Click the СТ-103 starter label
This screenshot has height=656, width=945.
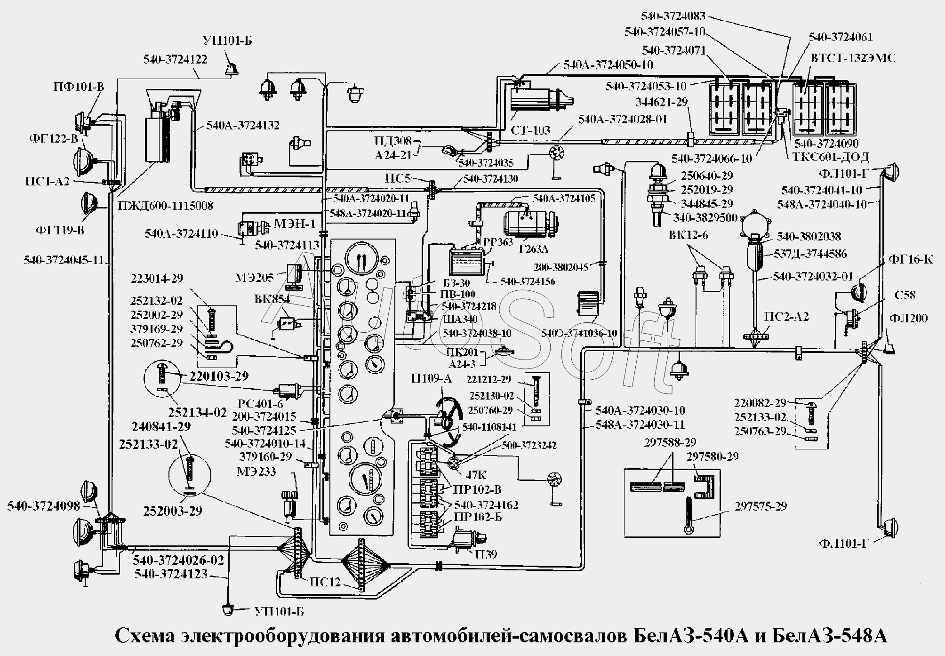pyautogui.click(x=530, y=130)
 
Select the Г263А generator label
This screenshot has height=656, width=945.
pyautogui.click(x=534, y=249)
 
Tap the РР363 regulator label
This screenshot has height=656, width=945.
pyautogui.click(x=498, y=242)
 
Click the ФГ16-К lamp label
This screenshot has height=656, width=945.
pyautogui.click(x=910, y=259)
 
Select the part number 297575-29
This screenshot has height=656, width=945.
pyautogui.click(x=761, y=506)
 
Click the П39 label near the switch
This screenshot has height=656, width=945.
pyautogui.click(x=486, y=555)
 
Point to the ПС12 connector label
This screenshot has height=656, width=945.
pyautogui.click(x=325, y=582)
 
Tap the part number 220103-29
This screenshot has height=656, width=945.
pyautogui.click(x=219, y=376)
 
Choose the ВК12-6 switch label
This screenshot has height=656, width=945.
pyautogui.click(x=688, y=235)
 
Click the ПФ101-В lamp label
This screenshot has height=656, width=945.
pyautogui.click(x=79, y=87)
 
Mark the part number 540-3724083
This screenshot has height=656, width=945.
pyautogui.click(x=673, y=16)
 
